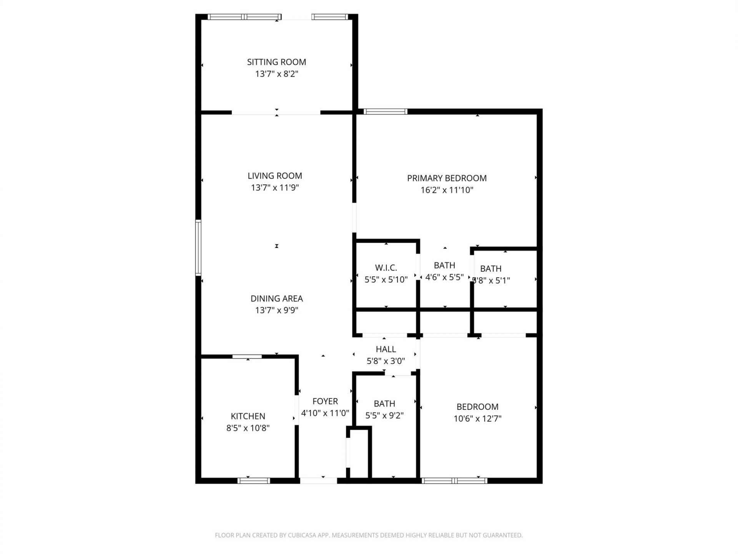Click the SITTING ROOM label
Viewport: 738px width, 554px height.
[x=276, y=62]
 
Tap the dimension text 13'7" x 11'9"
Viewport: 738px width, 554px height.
[x=275, y=188]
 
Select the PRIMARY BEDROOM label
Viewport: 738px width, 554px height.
[x=447, y=178]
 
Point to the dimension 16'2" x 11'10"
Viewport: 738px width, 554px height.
[x=447, y=190]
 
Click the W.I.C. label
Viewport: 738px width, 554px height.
[x=386, y=268]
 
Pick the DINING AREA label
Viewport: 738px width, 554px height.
[x=276, y=299]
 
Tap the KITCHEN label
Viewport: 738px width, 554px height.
[x=248, y=416]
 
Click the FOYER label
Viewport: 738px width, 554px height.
[x=325, y=401]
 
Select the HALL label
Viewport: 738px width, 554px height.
[x=386, y=349]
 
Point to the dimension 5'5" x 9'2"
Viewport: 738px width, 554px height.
[x=384, y=415]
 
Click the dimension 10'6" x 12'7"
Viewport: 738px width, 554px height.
[x=477, y=419]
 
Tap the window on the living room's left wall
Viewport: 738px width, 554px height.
[x=198, y=247]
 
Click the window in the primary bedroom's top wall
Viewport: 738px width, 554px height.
[x=385, y=112]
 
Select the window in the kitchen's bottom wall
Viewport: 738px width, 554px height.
[x=254, y=481]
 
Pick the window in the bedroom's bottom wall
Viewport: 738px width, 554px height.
[x=454, y=481]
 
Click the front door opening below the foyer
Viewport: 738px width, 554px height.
[x=318, y=481]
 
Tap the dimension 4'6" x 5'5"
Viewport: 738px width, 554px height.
[x=445, y=277]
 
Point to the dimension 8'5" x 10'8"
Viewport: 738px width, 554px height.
[x=248, y=428]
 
